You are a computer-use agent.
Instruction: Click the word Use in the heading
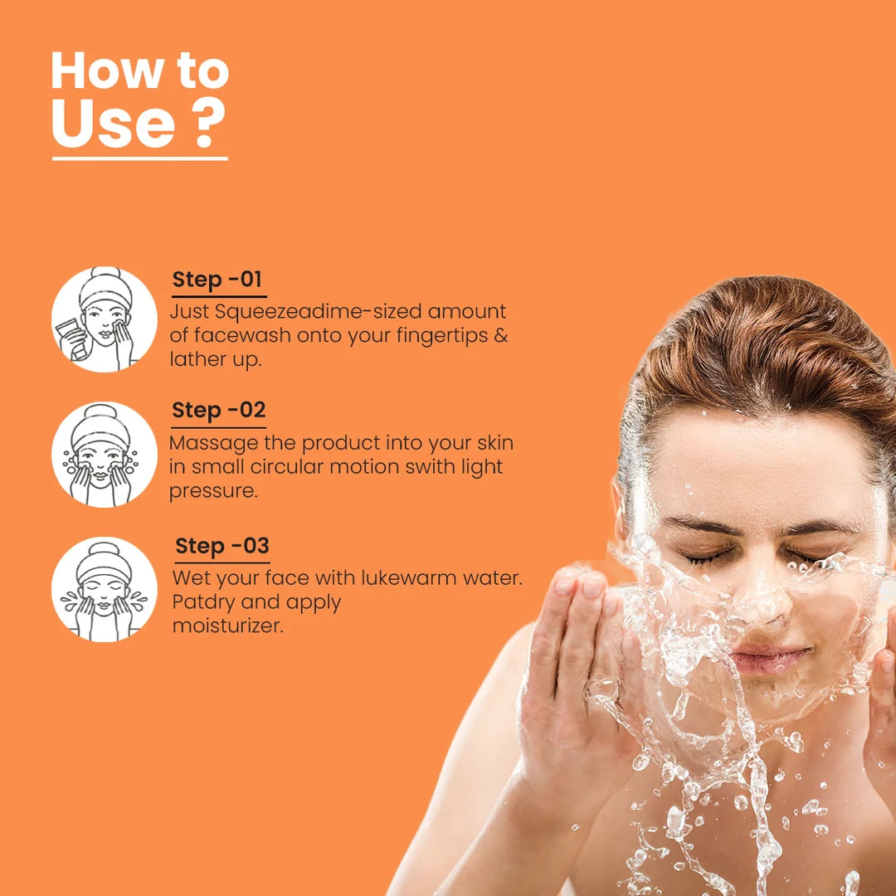click(113, 124)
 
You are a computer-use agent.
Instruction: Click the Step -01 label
click(217, 280)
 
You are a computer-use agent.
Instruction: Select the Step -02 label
click(218, 411)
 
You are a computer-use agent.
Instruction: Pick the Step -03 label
click(222, 546)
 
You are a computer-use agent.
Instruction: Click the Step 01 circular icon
click(105, 319)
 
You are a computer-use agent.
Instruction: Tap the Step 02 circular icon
click(105, 455)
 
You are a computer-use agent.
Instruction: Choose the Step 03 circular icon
click(105, 589)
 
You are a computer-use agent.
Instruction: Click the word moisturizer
click(227, 626)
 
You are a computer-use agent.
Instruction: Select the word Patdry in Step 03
click(204, 602)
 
